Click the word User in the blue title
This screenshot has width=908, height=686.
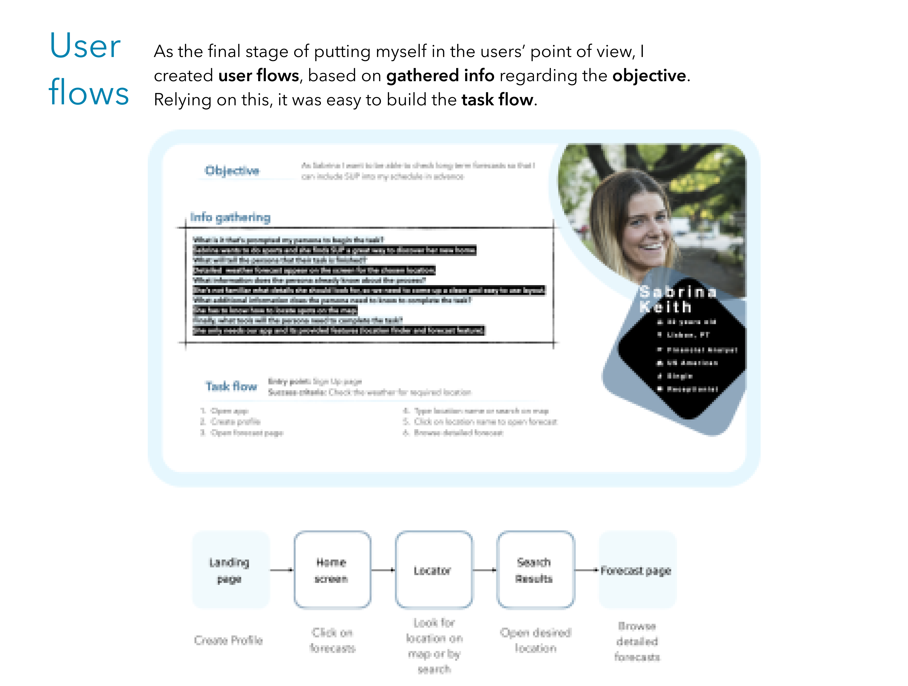pyautogui.click(x=85, y=46)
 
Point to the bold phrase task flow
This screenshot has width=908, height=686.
pyautogui.click(x=497, y=100)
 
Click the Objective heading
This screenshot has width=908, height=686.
pyautogui.click(x=232, y=170)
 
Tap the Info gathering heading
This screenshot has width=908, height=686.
pyautogui.click(x=230, y=217)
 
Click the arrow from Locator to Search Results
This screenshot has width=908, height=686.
pyautogui.click(x=485, y=570)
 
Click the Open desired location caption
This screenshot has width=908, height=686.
pyautogui.click(x=536, y=640)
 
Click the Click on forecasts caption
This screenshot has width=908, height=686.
pyautogui.click(x=332, y=640)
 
